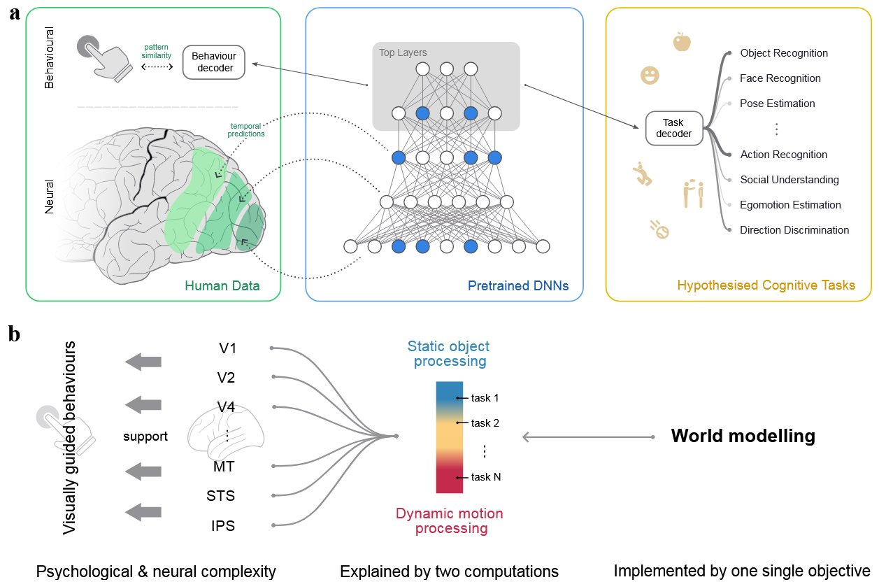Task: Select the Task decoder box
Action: [x=673, y=128]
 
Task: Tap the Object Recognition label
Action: [x=783, y=53]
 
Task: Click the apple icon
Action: [x=681, y=42]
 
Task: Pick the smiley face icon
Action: [x=650, y=76]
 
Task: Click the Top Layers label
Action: [x=403, y=52]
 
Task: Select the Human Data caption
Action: [x=222, y=285]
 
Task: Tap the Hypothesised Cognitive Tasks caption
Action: [x=766, y=285]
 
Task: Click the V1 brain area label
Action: [x=226, y=347]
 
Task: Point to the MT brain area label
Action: [x=224, y=466]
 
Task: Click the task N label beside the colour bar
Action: [x=486, y=477]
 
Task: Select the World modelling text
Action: [x=743, y=436]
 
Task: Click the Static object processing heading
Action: [x=448, y=354]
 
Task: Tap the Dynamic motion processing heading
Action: [x=449, y=520]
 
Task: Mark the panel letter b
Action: [x=15, y=334]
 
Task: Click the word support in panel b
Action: [x=145, y=436]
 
